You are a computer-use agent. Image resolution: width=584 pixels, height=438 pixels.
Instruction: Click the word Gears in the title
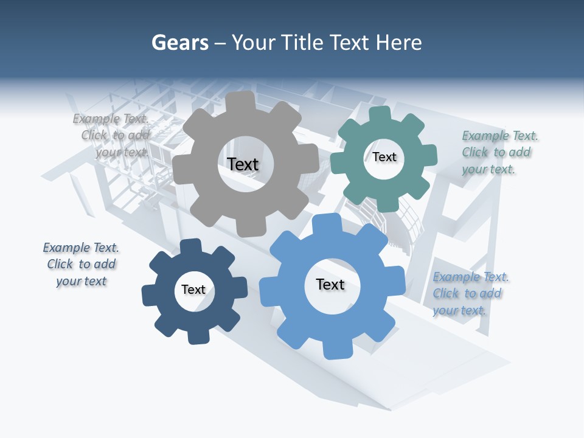click(x=179, y=43)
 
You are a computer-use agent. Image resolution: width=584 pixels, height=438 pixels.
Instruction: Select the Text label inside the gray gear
click(x=243, y=164)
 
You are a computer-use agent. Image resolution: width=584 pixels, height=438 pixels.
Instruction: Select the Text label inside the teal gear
click(x=384, y=157)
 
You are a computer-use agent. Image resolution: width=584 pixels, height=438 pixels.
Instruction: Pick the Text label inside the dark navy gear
click(x=193, y=290)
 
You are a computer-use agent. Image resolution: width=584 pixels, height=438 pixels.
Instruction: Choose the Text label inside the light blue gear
click(x=330, y=284)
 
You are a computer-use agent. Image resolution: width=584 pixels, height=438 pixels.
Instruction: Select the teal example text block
click(x=496, y=152)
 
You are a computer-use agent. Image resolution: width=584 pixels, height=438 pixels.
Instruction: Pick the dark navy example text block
click(x=81, y=264)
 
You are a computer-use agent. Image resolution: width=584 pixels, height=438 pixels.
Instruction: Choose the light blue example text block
click(x=468, y=293)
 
